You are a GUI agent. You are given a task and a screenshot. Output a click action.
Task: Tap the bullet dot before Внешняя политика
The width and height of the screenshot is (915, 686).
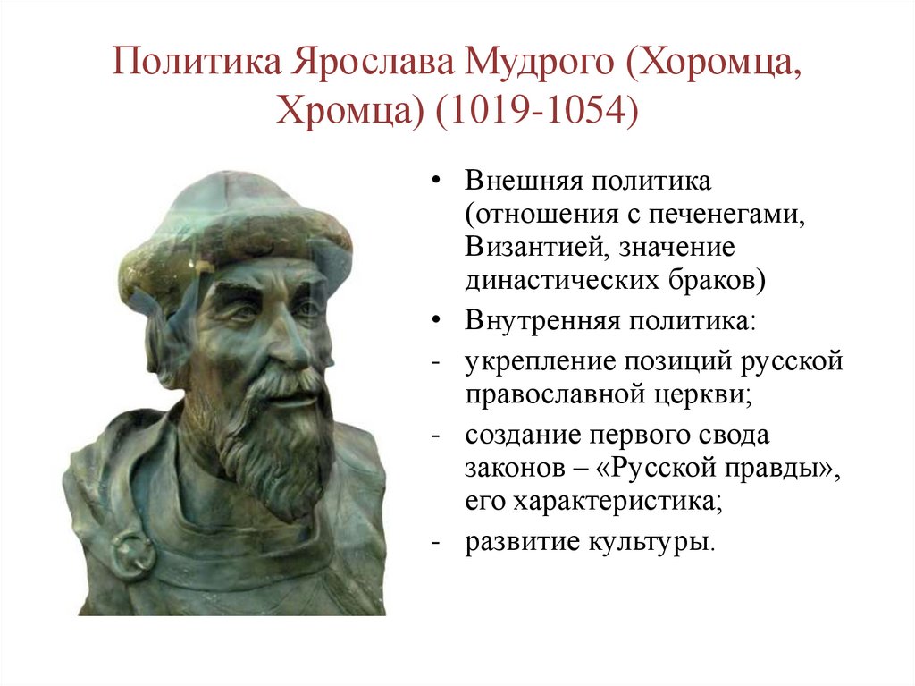tap(435, 182)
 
